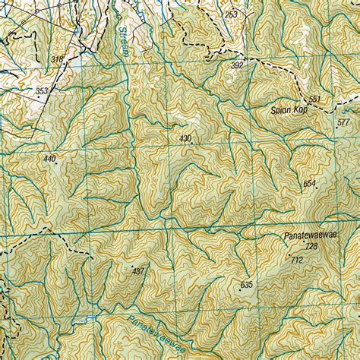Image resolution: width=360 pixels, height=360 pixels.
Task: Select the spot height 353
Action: (42, 91)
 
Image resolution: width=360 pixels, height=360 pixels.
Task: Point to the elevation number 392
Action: (237, 66)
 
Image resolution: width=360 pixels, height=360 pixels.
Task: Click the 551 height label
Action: (315, 99)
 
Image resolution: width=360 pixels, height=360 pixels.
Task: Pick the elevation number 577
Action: (344, 122)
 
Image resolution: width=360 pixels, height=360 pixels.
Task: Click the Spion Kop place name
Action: (288, 111)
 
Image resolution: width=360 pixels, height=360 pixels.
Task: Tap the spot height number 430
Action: (185, 138)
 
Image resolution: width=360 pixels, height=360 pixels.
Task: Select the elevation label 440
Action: (50, 158)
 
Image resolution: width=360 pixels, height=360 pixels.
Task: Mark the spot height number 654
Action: (309, 184)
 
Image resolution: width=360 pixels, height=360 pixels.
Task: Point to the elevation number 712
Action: (296, 260)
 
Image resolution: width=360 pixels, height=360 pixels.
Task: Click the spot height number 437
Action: (137, 270)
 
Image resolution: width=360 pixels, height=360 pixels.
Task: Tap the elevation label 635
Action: (245, 284)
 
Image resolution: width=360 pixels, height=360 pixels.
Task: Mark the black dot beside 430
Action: (194, 141)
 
